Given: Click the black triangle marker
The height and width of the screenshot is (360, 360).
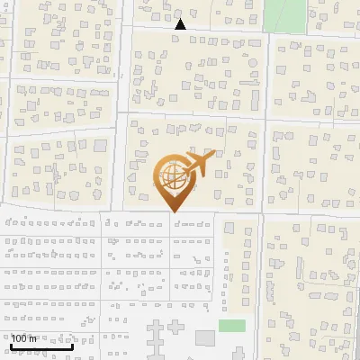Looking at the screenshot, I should [180, 24].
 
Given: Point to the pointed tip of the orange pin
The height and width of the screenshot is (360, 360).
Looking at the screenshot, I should [172, 211].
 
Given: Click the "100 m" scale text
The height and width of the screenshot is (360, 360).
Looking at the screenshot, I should [24, 338].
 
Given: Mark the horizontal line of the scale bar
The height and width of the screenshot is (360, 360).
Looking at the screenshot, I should [41, 346].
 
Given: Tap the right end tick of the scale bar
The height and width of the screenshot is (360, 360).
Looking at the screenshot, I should [72, 344].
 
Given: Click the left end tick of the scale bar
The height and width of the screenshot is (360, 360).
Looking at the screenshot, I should [11, 344].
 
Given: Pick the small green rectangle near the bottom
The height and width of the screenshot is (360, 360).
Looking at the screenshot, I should [232, 325].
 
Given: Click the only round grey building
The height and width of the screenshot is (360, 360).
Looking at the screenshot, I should [253, 63].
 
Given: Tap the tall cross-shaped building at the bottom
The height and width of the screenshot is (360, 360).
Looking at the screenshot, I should [152, 340].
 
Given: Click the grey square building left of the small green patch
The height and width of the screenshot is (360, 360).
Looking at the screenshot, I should [205, 337].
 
